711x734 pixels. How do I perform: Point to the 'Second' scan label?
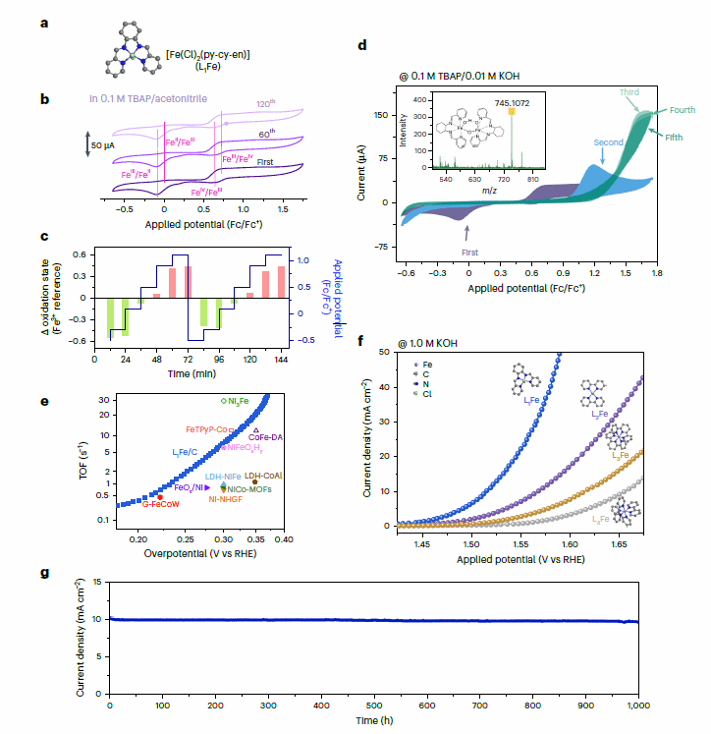point(608,143)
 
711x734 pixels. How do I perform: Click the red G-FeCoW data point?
point(160,497)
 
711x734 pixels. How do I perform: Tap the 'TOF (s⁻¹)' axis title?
point(84,464)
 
